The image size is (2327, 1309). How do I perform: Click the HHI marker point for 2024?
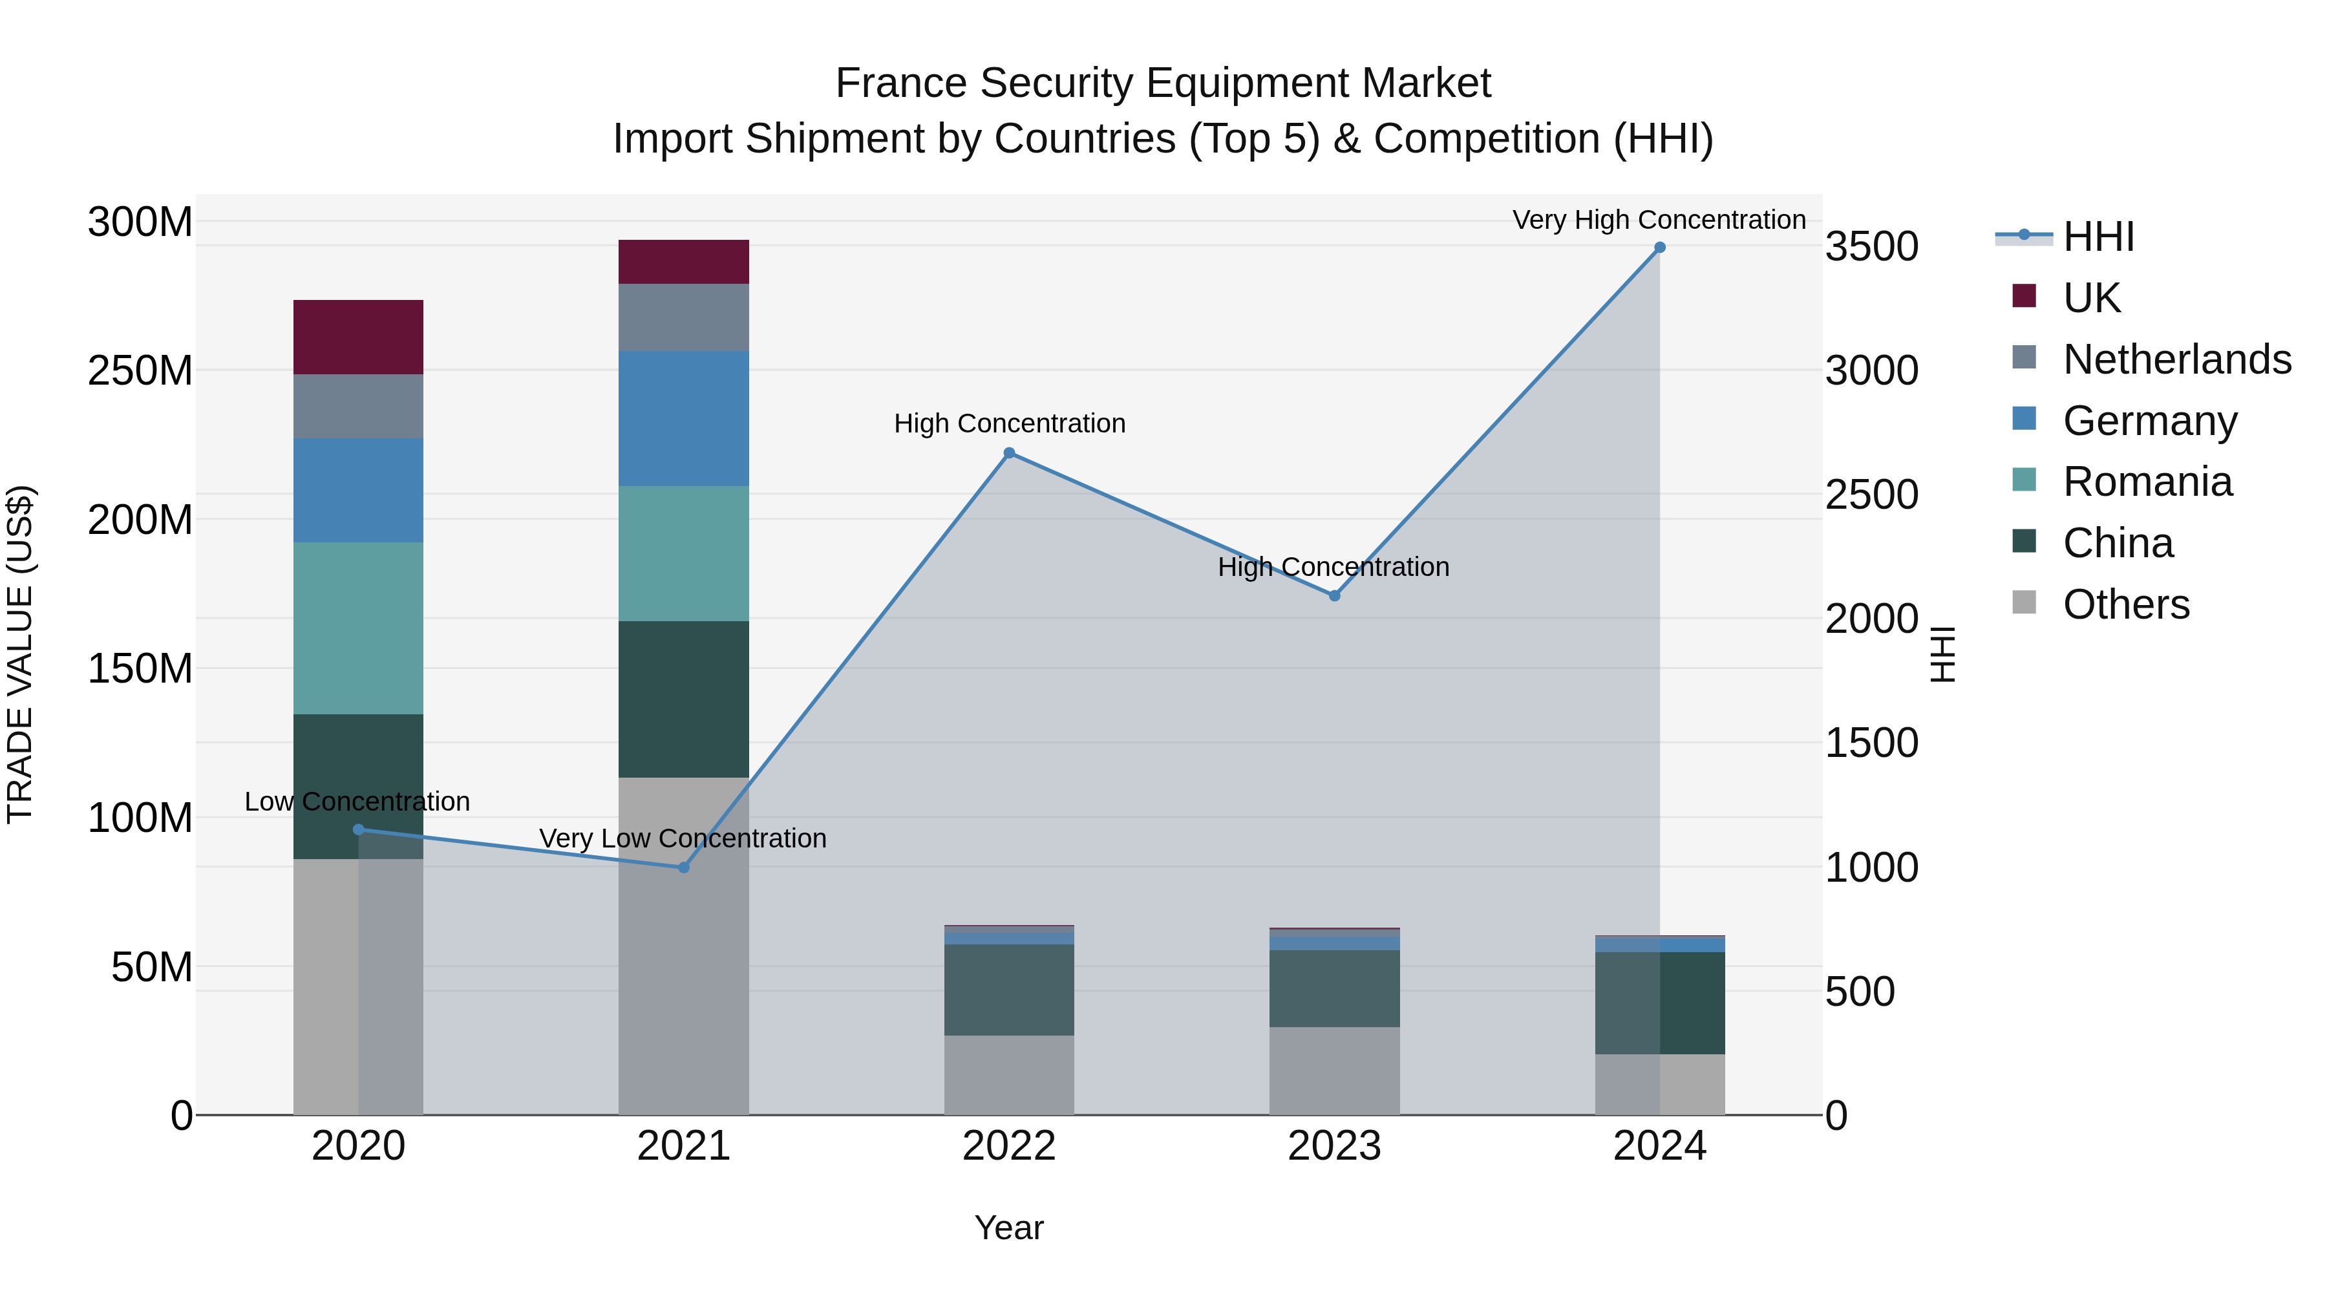(x=1659, y=248)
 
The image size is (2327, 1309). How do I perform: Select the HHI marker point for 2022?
(x=1009, y=454)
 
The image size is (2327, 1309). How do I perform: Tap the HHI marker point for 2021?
(x=684, y=867)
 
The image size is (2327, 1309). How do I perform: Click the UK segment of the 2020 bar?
(x=359, y=337)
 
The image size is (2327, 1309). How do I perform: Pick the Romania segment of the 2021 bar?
(x=684, y=554)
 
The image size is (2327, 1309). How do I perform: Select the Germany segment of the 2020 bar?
(x=359, y=491)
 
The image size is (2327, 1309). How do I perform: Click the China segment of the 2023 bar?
(x=1334, y=988)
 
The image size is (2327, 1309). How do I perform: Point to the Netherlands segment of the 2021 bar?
(x=684, y=317)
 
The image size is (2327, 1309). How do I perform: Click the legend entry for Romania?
(x=2146, y=482)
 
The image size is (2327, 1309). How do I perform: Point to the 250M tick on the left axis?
(x=140, y=370)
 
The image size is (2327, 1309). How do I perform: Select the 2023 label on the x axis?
(x=1334, y=1146)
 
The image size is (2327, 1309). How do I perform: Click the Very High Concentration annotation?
(x=1659, y=220)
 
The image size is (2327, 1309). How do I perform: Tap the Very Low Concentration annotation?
(x=683, y=838)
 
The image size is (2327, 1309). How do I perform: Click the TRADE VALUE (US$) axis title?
(x=20, y=654)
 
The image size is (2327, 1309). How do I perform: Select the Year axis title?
(x=1009, y=1228)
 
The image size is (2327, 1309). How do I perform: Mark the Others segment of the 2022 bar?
(x=1009, y=1075)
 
